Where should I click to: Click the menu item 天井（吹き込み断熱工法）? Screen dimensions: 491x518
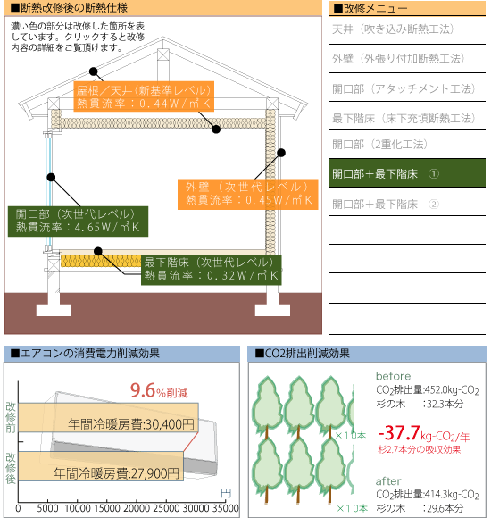tap(393, 29)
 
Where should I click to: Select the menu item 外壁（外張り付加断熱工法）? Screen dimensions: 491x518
tap(398, 58)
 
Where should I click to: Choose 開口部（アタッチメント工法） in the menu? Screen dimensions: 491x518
tap(404, 88)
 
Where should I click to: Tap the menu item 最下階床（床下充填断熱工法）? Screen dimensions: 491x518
tap(404, 118)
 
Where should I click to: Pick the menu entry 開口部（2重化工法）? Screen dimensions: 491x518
tap(379, 145)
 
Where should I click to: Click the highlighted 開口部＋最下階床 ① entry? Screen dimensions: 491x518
tap(407, 173)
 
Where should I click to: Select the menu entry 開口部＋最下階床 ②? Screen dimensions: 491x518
tap(386, 205)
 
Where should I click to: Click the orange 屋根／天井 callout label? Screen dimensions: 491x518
tap(144, 96)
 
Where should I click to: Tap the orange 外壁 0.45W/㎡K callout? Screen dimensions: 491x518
tap(247, 195)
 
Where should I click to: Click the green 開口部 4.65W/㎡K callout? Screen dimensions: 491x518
tap(78, 221)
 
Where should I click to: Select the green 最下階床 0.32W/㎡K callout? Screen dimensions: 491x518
tap(212, 270)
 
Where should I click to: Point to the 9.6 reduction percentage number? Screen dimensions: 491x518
tap(143, 390)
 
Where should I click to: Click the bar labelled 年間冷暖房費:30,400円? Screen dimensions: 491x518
tap(108, 417)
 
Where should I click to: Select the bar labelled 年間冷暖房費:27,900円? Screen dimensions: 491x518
tap(101, 466)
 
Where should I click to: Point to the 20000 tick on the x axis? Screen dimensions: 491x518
tap(137, 508)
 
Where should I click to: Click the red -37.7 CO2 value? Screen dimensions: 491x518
tap(398, 432)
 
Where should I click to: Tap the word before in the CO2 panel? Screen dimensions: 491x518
tap(394, 376)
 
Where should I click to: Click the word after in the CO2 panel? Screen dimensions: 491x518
tap(388, 481)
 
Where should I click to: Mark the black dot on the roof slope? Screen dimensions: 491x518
tap(94, 71)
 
